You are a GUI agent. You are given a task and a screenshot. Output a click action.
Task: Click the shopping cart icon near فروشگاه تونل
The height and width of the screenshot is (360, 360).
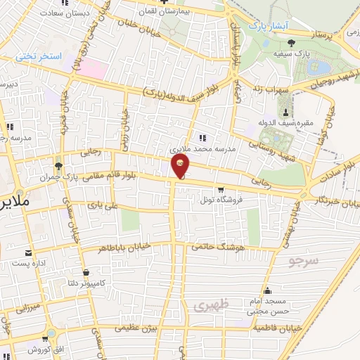(x=221, y=189)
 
